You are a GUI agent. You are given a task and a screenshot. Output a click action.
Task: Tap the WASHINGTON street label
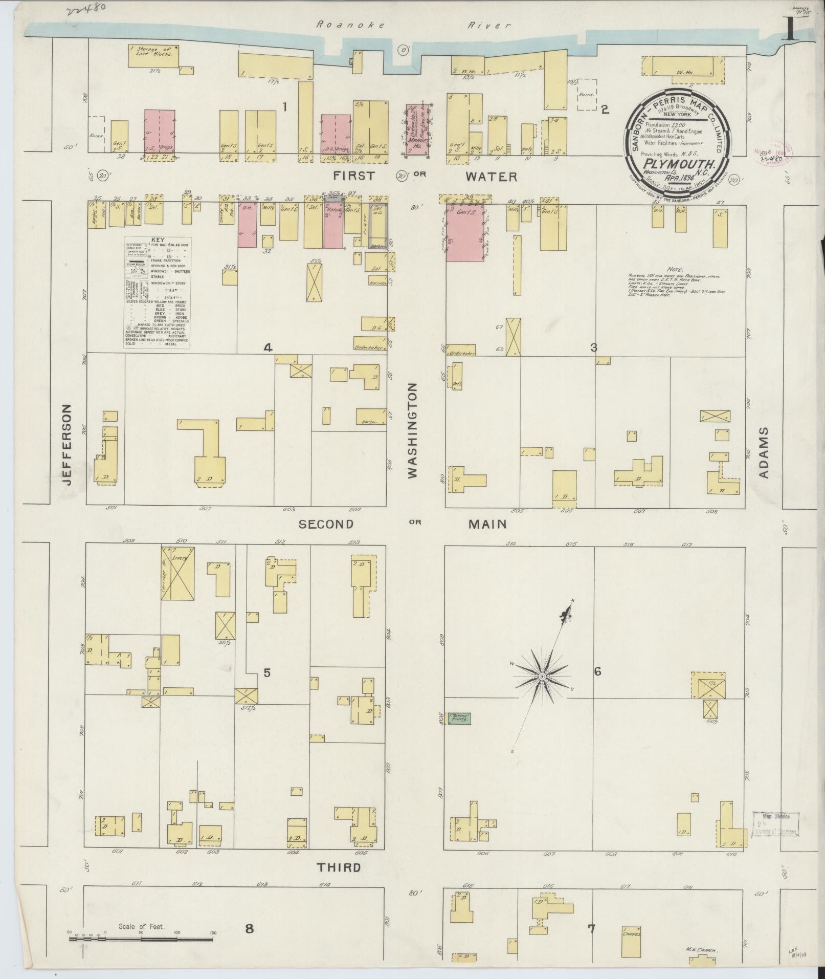(413, 431)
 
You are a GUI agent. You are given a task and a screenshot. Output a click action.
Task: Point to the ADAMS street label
(763, 452)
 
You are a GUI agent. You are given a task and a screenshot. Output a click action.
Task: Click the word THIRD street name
(339, 866)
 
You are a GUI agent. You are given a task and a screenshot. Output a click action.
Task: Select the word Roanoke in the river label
(342, 24)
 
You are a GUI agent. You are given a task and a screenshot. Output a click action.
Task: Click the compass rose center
(542, 677)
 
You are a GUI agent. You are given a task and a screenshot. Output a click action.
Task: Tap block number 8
(249, 929)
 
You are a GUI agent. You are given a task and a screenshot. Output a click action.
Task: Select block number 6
(597, 672)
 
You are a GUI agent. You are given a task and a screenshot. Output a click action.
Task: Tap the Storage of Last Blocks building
(153, 55)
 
